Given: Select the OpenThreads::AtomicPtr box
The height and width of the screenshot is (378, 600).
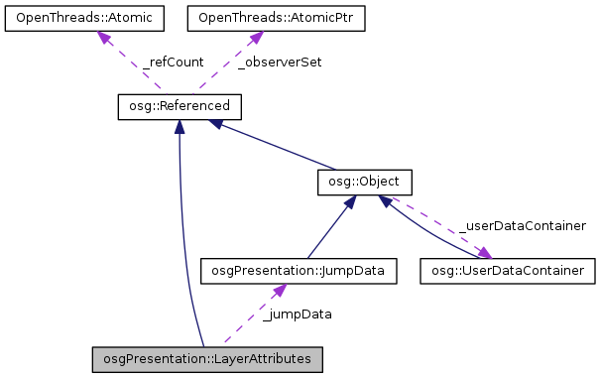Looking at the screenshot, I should coord(255,18).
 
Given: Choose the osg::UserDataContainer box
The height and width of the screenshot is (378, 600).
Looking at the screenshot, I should coord(508,269).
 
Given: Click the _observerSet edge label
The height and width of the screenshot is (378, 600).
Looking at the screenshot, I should coord(280,62).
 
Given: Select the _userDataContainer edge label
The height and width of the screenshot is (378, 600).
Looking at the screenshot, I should coord(522,226).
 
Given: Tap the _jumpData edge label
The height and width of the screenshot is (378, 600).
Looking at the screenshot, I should coord(297,314).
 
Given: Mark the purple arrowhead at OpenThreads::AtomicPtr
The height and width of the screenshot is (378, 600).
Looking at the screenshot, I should coord(255,37).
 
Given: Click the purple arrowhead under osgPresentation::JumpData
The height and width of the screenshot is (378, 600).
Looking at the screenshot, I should coord(280,289).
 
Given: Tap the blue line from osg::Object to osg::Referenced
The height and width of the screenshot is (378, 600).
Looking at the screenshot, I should coord(278,144).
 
